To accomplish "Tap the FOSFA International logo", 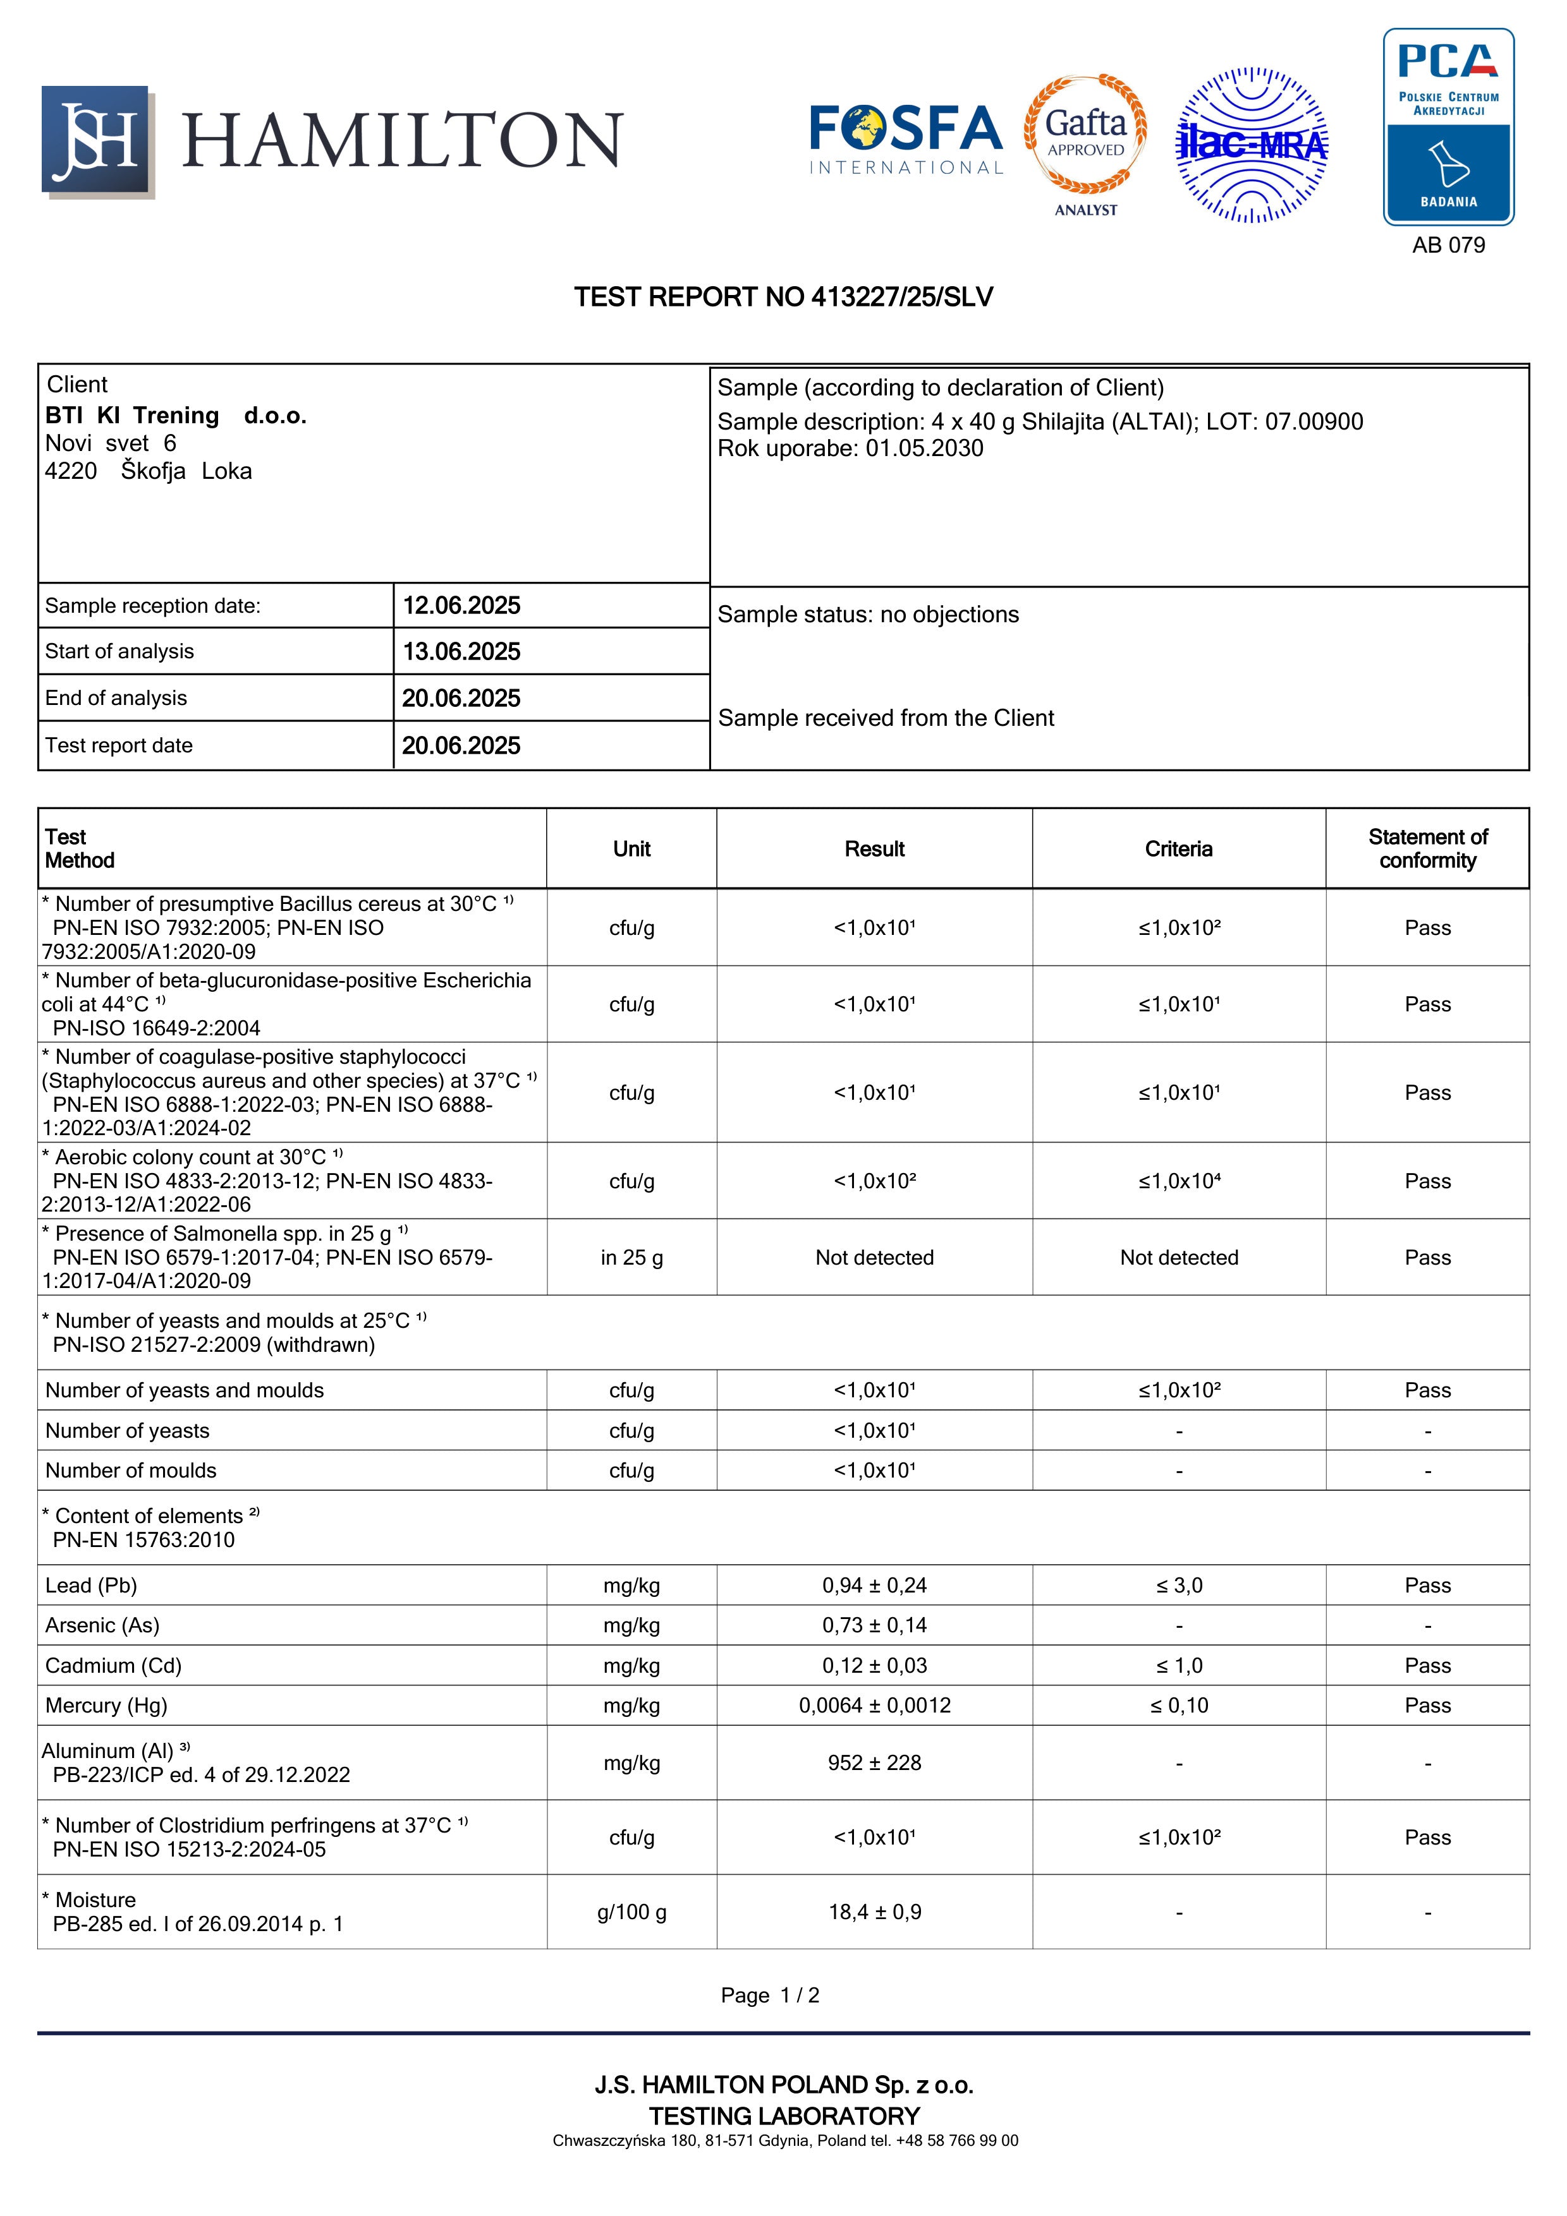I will (906, 141).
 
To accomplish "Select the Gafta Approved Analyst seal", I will (1085, 143).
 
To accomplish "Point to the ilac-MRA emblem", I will (1252, 145).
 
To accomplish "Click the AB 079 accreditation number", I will (1448, 245).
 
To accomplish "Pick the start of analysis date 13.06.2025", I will (461, 651).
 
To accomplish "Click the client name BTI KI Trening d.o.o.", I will (176, 416).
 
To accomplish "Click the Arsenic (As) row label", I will (102, 1625).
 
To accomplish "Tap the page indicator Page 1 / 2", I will (769, 1995).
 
